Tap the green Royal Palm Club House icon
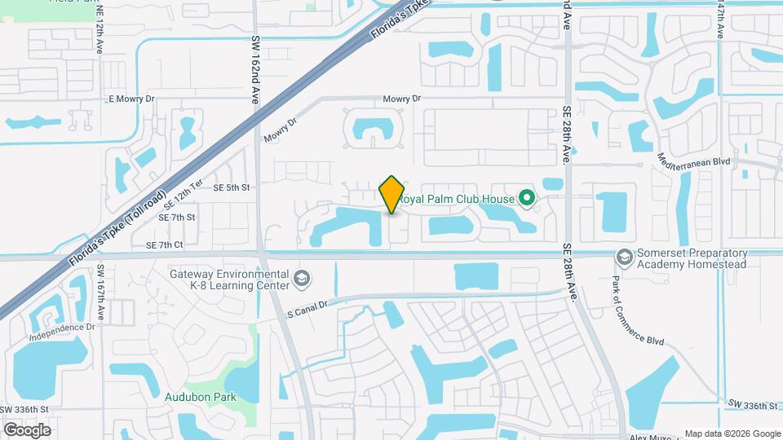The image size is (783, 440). pos(527,198)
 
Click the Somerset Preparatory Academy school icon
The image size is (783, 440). pos(624,257)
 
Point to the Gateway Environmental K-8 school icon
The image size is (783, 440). pos(302,279)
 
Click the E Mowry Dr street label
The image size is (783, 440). pos(131,99)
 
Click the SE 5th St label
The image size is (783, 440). pos(231,187)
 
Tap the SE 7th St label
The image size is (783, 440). pos(177,218)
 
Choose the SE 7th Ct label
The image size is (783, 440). pos(166,245)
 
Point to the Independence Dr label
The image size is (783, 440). pos(62,327)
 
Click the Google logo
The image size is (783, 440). pos(27,429)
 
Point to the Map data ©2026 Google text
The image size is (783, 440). pos(732,433)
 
